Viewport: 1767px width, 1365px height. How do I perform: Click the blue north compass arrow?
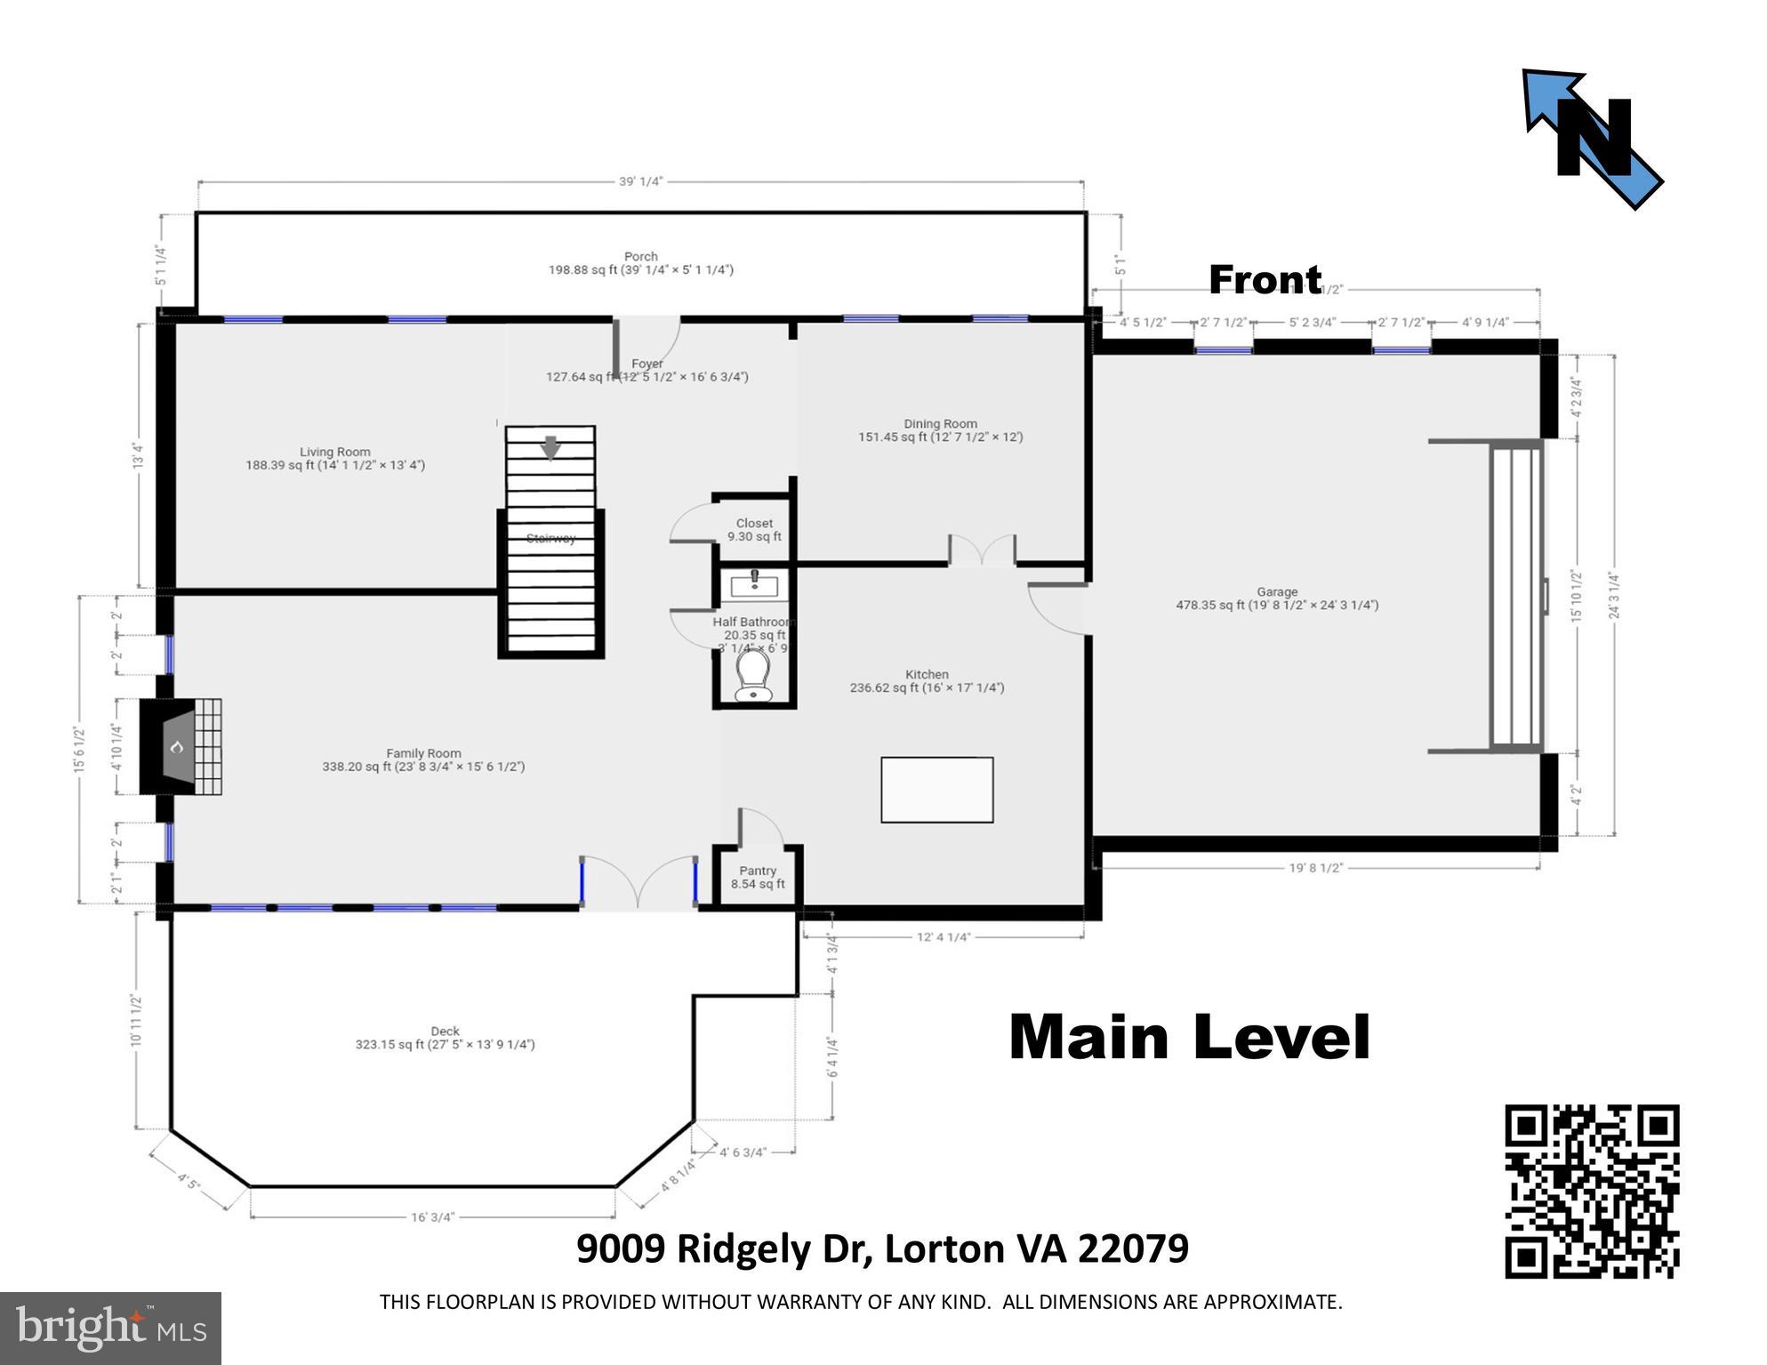(x=1592, y=139)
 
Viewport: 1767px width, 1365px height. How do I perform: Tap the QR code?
(x=1591, y=1191)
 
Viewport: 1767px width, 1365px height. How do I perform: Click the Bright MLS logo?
(x=110, y=1328)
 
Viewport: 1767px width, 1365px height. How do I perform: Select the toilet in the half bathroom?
(x=752, y=676)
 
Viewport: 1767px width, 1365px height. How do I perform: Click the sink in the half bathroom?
(x=754, y=585)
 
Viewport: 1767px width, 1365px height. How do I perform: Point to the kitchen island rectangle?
(x=936, y=790)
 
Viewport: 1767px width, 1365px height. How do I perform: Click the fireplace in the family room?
(x=181, y=747)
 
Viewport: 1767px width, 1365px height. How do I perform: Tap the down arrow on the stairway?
(x=550, y=447)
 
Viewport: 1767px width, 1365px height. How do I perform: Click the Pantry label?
(x=758, y=871)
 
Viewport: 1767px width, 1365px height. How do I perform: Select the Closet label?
(x=754, y=523)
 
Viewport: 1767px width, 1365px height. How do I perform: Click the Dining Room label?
(x=940, y=424)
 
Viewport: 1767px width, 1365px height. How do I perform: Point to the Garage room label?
(x=1277, y=591)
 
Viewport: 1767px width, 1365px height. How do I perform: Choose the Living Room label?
(x=334, y=452)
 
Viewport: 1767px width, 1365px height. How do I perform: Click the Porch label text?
(x=640, y=256)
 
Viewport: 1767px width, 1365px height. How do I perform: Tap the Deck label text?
(x=445, y=1032)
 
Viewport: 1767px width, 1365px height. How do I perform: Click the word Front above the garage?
(x=1265, y=280)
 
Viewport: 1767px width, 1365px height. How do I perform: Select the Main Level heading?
(x=1189, y=1038)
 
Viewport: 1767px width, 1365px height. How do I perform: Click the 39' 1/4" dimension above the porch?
(x=640, y=181)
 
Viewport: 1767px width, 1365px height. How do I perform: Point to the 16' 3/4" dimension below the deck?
(x=432, y=1216)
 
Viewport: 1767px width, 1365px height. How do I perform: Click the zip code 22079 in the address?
(x=1133, y=1249)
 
